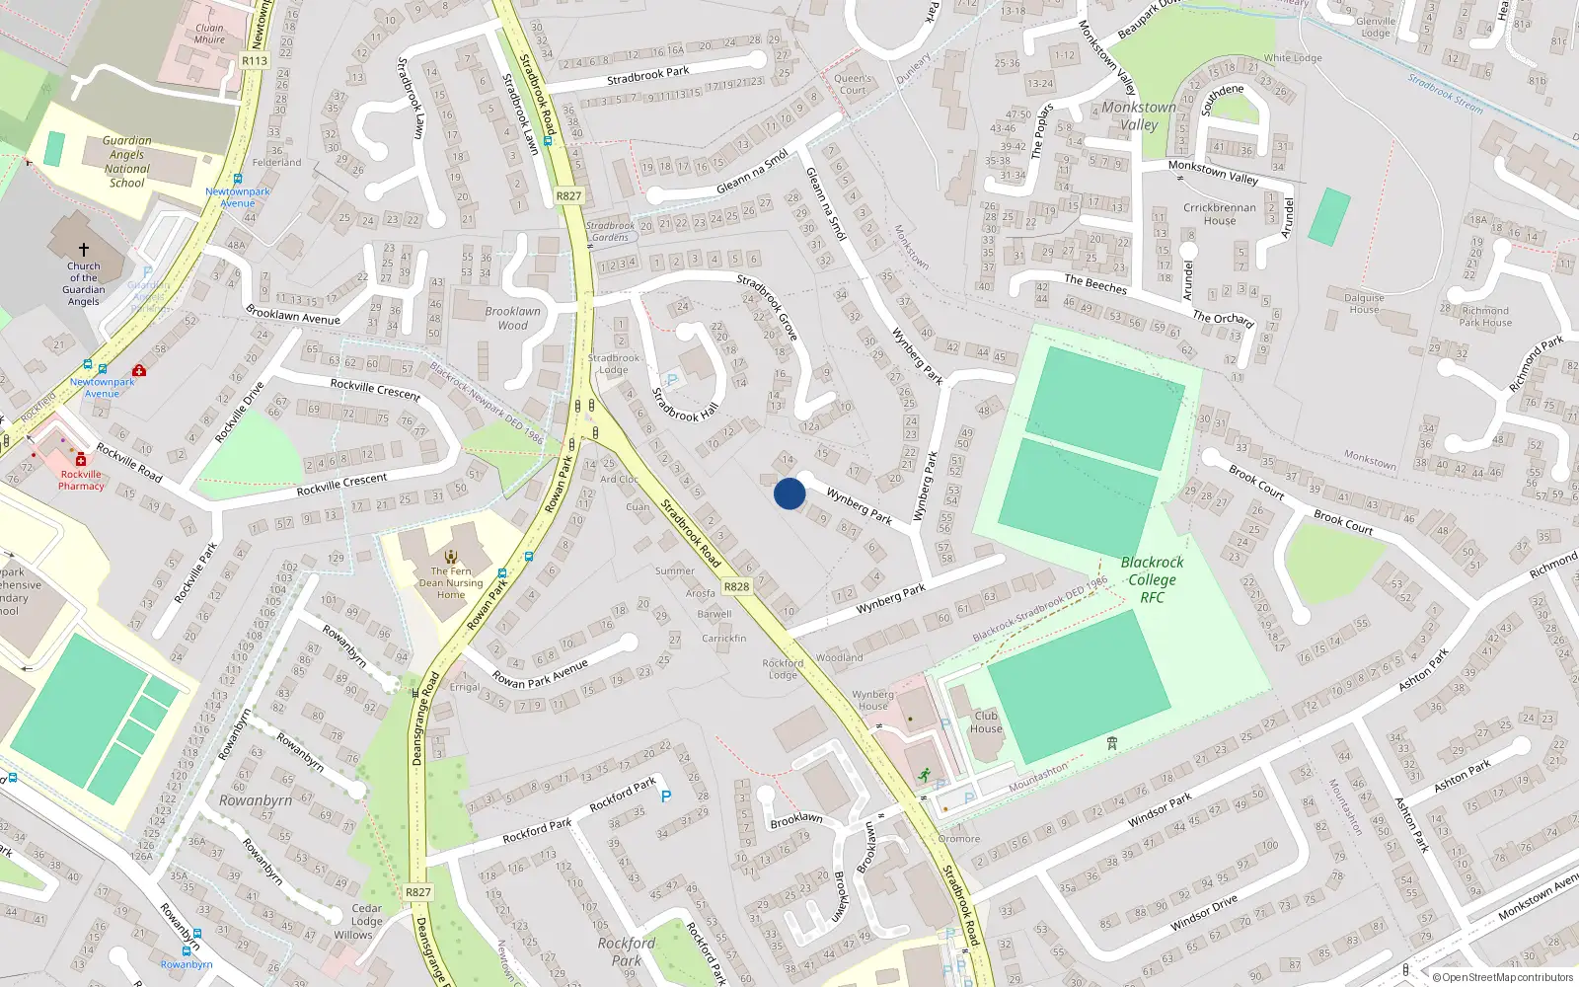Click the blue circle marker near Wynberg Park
pyautogui.click(x=789, y=493)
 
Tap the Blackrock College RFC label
pyautogui.click(x=1152, y=579)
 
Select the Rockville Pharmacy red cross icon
pyautogui.click(x=81, y=460)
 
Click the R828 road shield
pyautogui.click(x=736, y=586)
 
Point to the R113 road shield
pyautogui.click(x=255, y=60)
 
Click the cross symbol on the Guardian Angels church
pyautogui.click(x=84, y=250)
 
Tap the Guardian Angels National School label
pyautogui.click(x=127, y=162)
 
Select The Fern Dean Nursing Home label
pyautogui.click(x=451, y=582)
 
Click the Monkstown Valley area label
pyautogui.click(x=1139, y=115)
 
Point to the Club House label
pyautogui.click(x=986, y=722)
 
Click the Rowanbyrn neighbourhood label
pyautogui.click(x=256, y=800)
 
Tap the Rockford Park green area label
pyautogui.click(x=626, y=951)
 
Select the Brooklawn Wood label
pyautogui.click(x=512, y=318)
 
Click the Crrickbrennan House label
pyautogui.click(x=1220, y=214)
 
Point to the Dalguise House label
pyautogui.click(x=1364, y=303)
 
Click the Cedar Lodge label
pyautogui.click(x=366, y=915)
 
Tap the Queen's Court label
pyautogui.click(x=853, y=84)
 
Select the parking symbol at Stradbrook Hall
pyautogui.click(x=672, y=380)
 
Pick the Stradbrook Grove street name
pyautogui.click(x=768, y=307)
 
